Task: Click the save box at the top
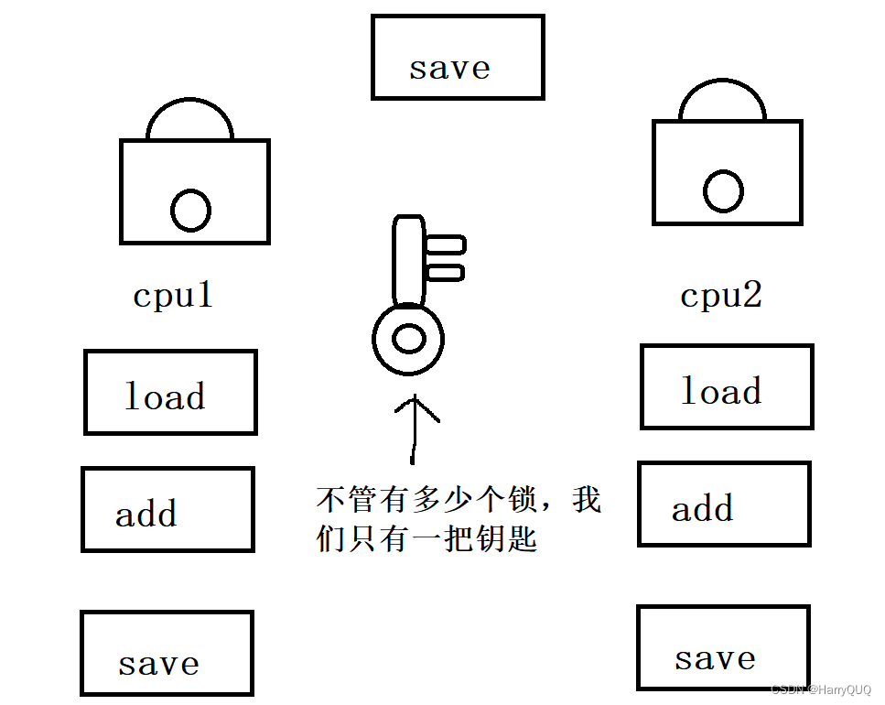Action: click(457, 57)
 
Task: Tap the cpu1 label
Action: click(173, 295)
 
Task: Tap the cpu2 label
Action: click(721, 295)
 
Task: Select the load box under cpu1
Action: click(170, 392)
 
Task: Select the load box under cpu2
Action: click(727, 386)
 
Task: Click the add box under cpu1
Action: click(167, 509)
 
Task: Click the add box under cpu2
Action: click(724, 504)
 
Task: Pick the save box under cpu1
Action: click(167, 653)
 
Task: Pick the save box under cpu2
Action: click(723, 647)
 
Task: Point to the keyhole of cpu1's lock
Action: click(191, 210)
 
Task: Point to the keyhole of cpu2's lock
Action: click(723, 190)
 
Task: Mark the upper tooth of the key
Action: click(447, 244)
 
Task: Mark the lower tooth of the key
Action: click(446, 272)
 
